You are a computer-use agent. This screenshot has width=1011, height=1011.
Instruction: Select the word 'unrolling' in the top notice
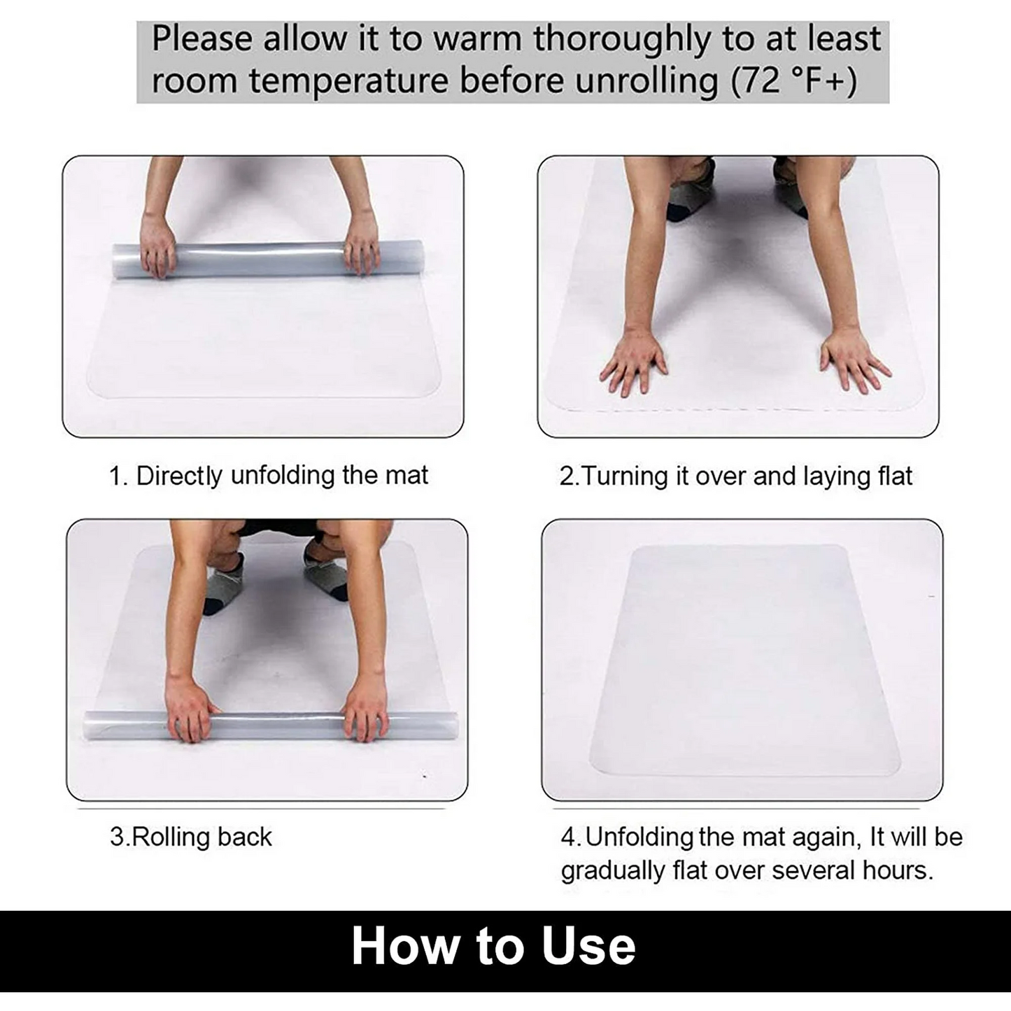(646, 81)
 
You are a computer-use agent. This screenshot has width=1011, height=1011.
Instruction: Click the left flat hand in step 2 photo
(634, 361)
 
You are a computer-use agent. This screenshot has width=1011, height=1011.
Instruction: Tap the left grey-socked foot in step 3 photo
(224, 584)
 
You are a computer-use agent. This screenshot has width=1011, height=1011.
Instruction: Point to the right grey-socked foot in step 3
(326, 574)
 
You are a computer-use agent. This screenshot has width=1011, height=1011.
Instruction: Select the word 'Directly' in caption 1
(179, 476)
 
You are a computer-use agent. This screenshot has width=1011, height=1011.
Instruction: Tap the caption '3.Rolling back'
(190, 837)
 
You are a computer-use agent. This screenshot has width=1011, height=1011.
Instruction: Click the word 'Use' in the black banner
(588, 947)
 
